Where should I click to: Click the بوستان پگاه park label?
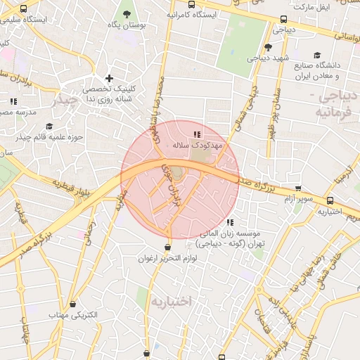click(127, 25)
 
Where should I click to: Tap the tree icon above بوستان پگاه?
click(127, 13)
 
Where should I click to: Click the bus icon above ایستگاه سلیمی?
click(25, 9)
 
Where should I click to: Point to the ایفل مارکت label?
click(311, 6)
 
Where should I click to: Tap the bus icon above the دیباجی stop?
click(283, 20)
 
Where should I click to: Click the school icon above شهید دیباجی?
click(268, 47)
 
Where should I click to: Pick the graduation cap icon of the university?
click(317, 55)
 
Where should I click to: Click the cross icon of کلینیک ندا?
click(108, 79)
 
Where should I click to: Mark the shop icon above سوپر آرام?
click(298, 188)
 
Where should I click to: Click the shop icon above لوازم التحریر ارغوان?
click(167, 247)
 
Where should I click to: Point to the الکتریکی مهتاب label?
click(72, 314)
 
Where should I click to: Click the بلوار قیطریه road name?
click(77, 187)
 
